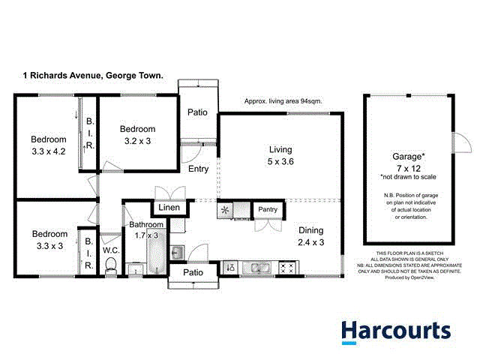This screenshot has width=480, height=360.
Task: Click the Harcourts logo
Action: pos(396,330)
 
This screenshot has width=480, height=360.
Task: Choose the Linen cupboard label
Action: pos(169,208)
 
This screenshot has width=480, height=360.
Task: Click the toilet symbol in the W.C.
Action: pos(111,265)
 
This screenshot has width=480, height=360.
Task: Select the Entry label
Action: pos(199,169)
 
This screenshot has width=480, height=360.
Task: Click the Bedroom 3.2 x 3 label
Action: pos(138,134)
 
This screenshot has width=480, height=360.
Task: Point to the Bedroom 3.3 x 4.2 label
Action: pos(49,145)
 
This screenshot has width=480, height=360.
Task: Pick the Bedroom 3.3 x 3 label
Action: pos(49,239)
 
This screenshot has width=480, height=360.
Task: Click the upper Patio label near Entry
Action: pos(197,112)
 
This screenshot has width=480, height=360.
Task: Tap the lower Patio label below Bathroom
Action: pos(193,275)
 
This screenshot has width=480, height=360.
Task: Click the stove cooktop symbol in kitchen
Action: pos(287,266)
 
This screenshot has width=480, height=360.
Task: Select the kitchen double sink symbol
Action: pos(259,266)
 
